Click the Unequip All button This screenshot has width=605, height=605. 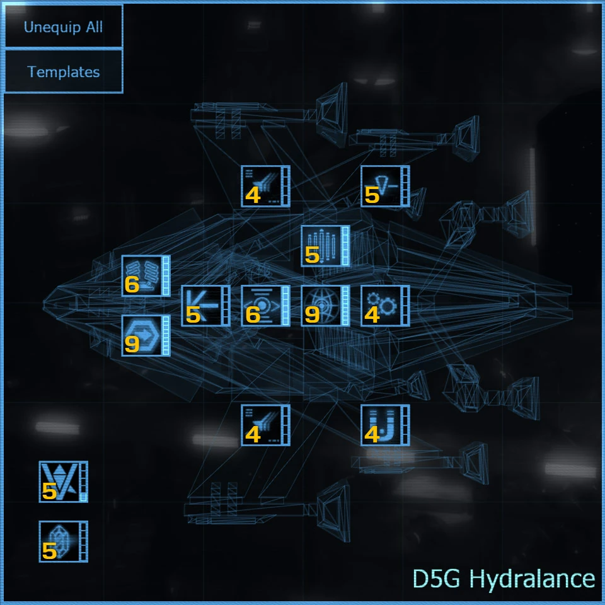pyautogui.click(x=63, y=27)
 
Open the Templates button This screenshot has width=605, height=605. pyautogui.click(x=63, y=72)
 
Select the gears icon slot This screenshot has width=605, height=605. pyautogui.click(x=381, y=306)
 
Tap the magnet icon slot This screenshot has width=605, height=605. pyautogui.click(x=381, y=425)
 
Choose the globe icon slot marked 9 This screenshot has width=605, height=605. pyautogui.click(x=321, y=306)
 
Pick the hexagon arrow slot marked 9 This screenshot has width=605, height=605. pyautogui.click(x=142, y=335)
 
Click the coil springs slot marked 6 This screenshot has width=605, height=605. pyautogui.click(x=142, y=275)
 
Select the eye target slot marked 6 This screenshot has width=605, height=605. pyautogui.click(x=262, y=306)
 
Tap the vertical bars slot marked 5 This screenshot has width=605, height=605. pyautogui.click(x=321, y=246)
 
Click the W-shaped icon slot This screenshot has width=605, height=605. pyautogui.click(x=59, y=481)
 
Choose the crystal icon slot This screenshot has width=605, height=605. pyautogui.click(x=59, y=541)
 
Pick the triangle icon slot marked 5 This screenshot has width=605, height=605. pyautogui.click(x=381, y=186)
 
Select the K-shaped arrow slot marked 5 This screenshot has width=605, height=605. pyautogui.click(x=202, y=306)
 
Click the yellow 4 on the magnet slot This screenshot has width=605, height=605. pyautogui.click(x=372, y=435)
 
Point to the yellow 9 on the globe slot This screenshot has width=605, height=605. pyautogui.click(x=312, y=315)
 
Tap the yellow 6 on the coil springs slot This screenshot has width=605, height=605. pyautogui.click(x=132, y=285)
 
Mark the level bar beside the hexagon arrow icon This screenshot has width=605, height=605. pyautogui.click(x=166, y=335)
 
